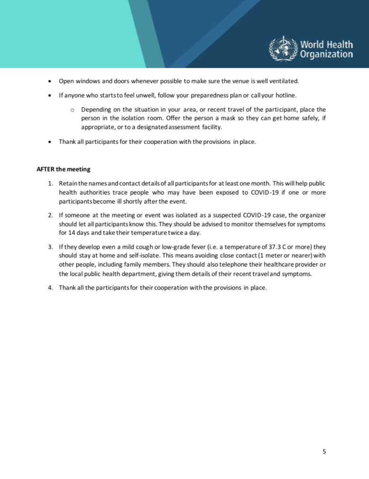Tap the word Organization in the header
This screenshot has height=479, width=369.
326,54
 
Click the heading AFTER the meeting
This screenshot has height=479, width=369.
63,169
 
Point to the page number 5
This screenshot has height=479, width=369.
324,452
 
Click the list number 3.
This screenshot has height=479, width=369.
50,247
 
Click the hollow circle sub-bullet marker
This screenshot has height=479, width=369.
72,109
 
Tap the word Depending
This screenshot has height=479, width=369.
96,109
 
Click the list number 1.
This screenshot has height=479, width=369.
50,183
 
